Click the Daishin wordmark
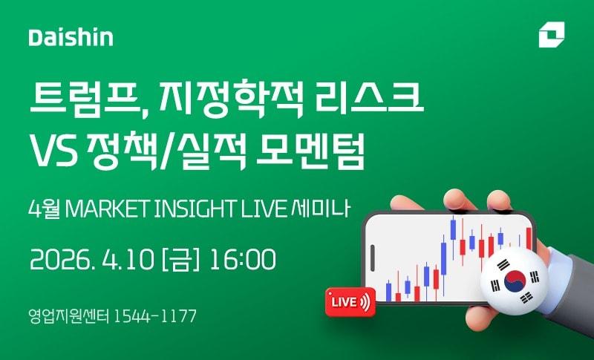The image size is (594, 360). (71, 37)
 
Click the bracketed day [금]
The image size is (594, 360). (178, 260)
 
